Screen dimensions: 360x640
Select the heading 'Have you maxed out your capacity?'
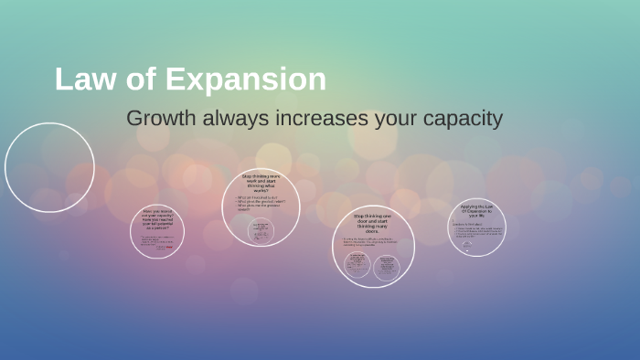[157, 220]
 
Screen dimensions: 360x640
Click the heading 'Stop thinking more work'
[261, 183]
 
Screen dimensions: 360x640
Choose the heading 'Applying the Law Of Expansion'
[476, 210]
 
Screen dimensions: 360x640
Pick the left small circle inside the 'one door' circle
[357, 266]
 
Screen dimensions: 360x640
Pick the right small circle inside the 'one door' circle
[387, 266]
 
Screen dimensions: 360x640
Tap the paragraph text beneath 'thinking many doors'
[371, 242]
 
